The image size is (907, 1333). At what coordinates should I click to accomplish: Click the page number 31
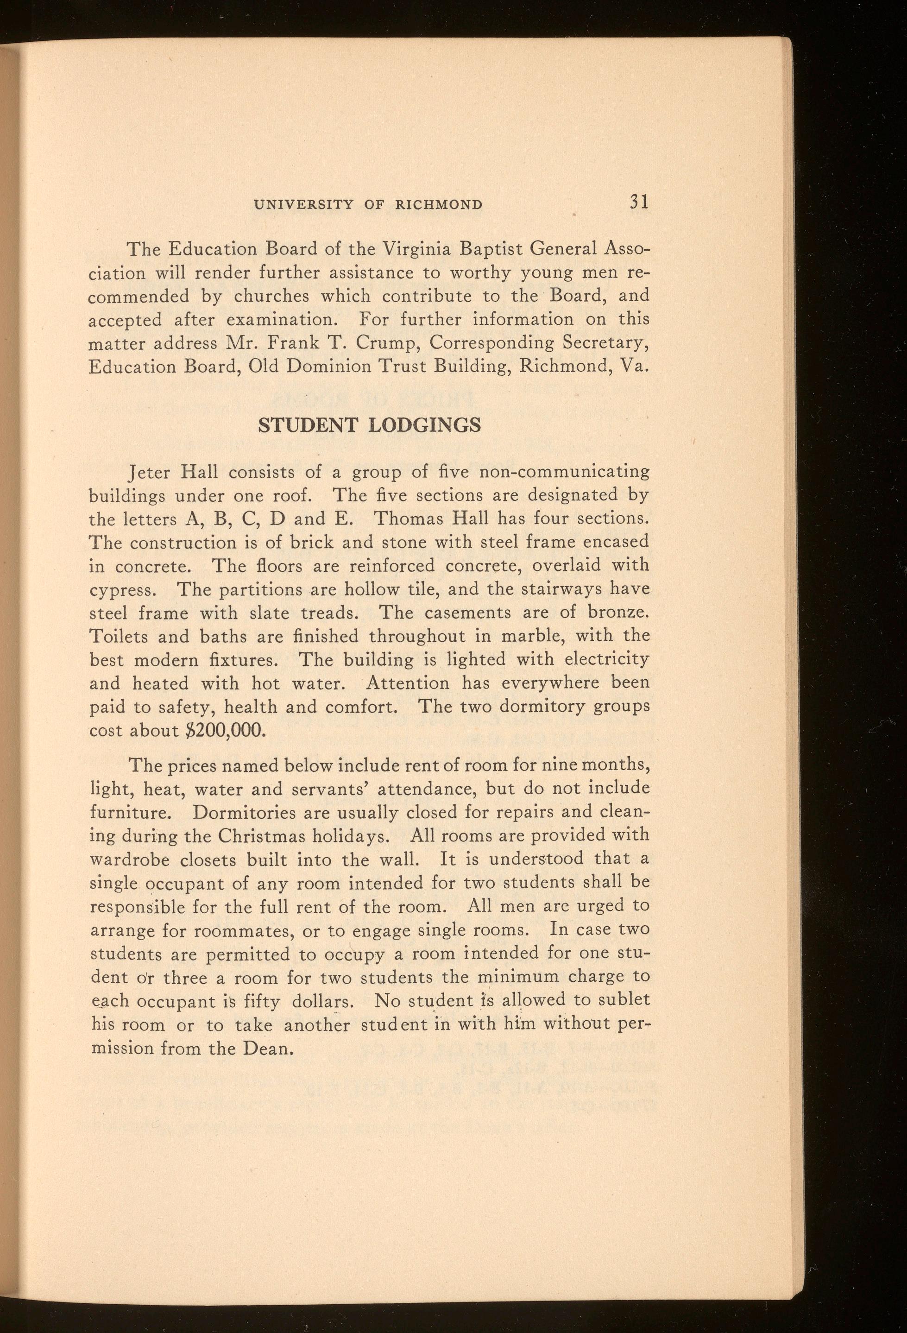coord(638,202)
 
